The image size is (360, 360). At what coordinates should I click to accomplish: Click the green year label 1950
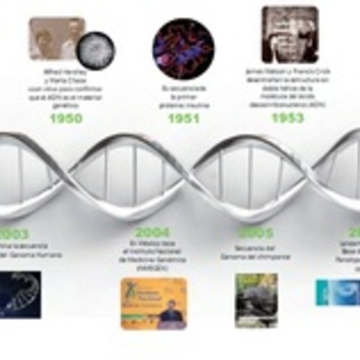click(66, 118)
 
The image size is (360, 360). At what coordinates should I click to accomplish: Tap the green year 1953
click(287, 117)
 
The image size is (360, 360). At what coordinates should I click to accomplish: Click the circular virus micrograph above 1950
click(94, 49)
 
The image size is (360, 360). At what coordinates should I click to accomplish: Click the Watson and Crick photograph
click(289, 34)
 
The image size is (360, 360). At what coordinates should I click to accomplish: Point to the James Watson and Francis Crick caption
click(288, 87)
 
